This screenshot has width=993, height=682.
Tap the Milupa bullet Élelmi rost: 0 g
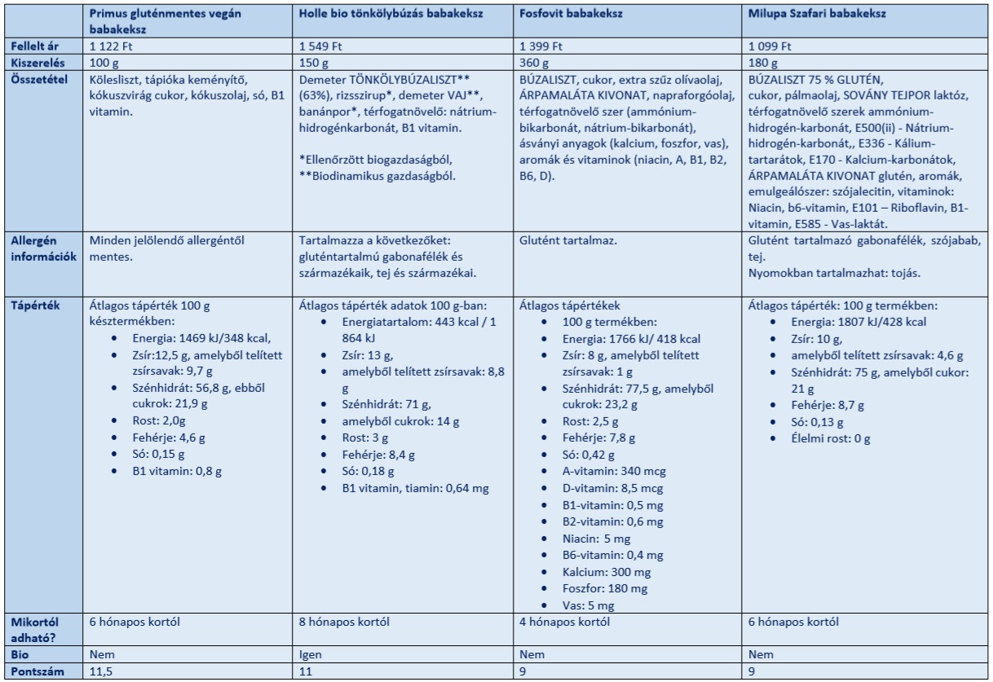pyautogui.click(x=823, y=438)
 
